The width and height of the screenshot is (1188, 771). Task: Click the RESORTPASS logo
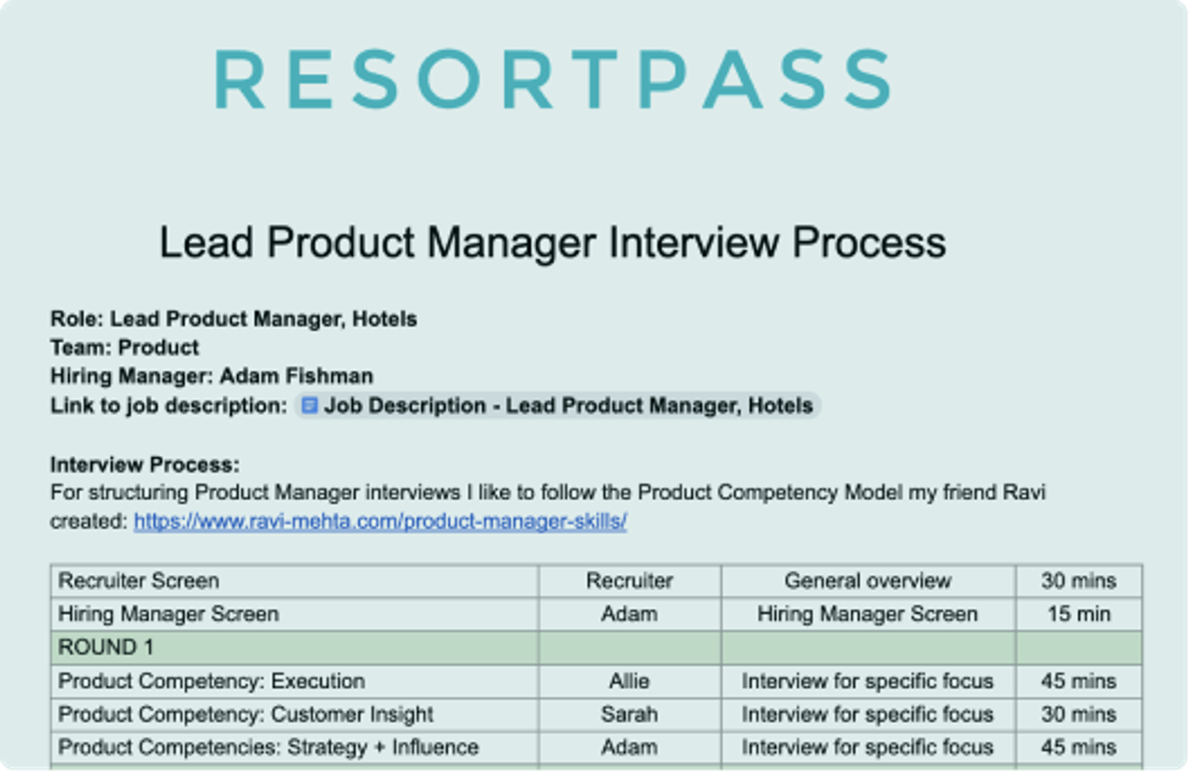(x=553, y=79)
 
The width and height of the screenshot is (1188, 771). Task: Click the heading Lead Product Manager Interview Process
(x=552, y=243)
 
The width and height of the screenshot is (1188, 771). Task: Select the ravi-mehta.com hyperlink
(x=380, y=522)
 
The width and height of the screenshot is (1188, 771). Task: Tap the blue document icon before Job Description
(x=309, y=406)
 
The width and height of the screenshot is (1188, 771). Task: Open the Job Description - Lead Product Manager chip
(x=568, y=406)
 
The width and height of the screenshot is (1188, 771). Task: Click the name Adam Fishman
(x=296, y=376)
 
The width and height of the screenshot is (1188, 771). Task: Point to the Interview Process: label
(x=145, y=464)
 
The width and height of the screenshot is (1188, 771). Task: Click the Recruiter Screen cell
(x=139, y=581)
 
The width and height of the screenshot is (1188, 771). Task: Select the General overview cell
(x=867, y=581)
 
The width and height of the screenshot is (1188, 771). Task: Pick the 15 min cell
(x=1078, y=614)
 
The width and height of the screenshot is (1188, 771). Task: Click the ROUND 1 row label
(x=106, y=648)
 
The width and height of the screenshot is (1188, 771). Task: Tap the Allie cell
(x=629, y=681)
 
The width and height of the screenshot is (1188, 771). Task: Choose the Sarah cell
(x=629, y=714)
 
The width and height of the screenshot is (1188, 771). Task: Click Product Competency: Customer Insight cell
(x=246, y=714)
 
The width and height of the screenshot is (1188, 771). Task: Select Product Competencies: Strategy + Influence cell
(x=268, y=747)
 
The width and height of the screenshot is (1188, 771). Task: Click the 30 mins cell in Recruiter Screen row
(x=1078, y=581)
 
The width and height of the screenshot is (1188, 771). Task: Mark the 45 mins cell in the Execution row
(x=1078, y=681)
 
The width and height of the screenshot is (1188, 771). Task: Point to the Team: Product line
(x=124, y=348)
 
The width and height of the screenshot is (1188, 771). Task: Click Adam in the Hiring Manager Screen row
(x=629, y=614)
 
